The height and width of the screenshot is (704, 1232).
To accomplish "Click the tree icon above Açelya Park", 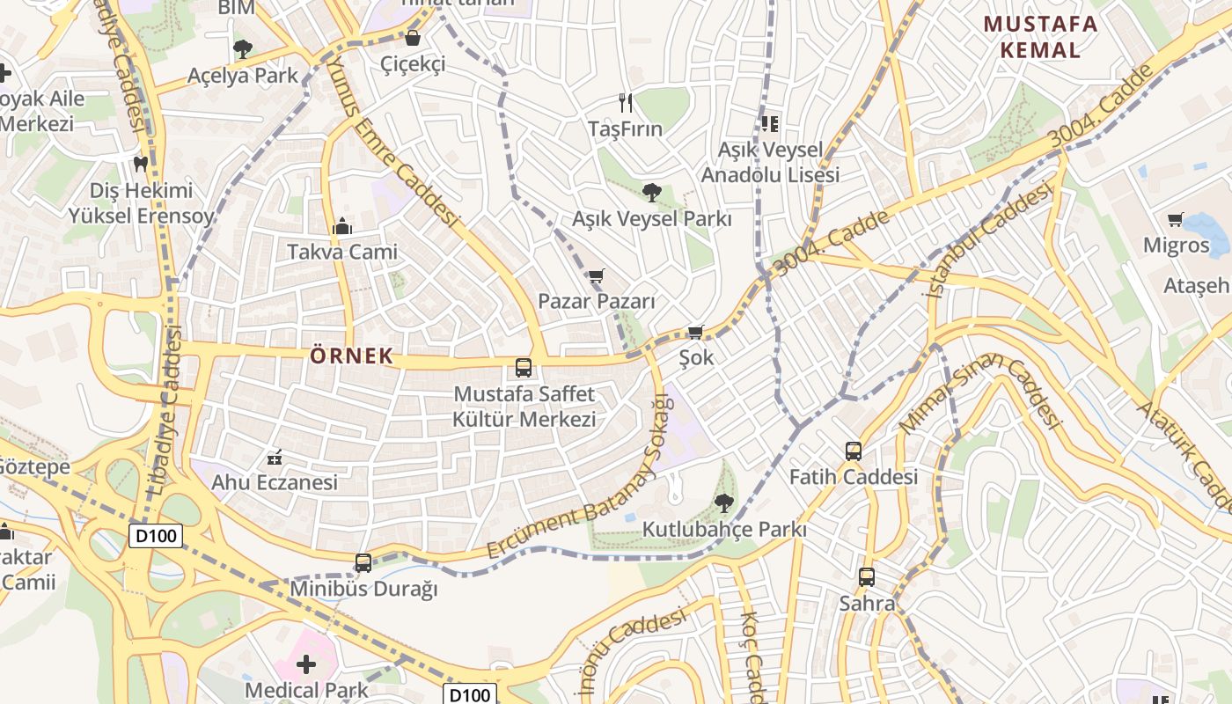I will pyautogui.click(x=242, y=49).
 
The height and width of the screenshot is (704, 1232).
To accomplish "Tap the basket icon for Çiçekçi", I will pyautogui.click(x=412, y=39).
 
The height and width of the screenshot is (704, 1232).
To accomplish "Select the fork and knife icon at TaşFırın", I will pyautogui.click(x=626, y=103).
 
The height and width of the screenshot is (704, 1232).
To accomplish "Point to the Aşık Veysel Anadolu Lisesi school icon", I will pyautogui.click(x=770, y=124).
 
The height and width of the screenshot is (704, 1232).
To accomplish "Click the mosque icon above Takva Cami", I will pyautogui.click(x=342, y=227).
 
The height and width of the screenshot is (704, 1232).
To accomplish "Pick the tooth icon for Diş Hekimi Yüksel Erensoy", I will pyautogui.click(x=140, y=164).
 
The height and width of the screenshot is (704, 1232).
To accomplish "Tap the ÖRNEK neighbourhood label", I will pyautogui.click(x=351, y=356).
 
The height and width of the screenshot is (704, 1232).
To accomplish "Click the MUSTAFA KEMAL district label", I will pyautogui.click(x=1040, y=37).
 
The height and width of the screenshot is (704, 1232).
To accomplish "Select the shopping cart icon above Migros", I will pyautogui.click(x=1175, y=219).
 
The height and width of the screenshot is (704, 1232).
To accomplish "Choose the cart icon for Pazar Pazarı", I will pyautogui.click(x=597, y=276).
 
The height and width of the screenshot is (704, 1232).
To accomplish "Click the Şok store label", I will pyautogui.click(x=696, y=358).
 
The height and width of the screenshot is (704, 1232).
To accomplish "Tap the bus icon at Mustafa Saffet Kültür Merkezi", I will pyautogui.click(x=524, y=368).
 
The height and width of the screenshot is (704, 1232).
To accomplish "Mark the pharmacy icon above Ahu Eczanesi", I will pyautogui.click(x=274, y=458).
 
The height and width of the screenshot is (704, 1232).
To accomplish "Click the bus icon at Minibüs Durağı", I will pyautogui.click(x=363, y=563).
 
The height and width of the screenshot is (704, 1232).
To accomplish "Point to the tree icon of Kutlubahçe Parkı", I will pyautogui.click(x=723, y=503).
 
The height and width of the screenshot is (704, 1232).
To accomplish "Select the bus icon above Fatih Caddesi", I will pyautogui.click(x=853, y=451).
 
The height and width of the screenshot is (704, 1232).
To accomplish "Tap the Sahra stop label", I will pyautogui.click(x=867, y=604).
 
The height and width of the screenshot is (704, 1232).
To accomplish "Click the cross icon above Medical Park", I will pyautogui.click(x=305, y=664).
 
